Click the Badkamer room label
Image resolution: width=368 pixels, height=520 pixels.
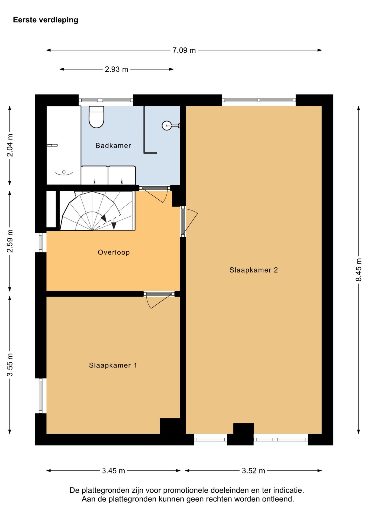[x=113, y=146]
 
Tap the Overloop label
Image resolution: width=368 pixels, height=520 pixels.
[x=114, y=252]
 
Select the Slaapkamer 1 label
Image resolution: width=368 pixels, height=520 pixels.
[x=113, y=365]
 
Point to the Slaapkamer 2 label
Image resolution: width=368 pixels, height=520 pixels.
[x=254, y=270]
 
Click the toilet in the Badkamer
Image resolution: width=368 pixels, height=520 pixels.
[x=96, y=117]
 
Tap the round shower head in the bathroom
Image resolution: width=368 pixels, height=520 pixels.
[x=166, y=125]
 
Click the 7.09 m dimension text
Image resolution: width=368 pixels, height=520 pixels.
[x=184, y=50]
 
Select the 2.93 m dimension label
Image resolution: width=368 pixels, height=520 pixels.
[x=117, y=69]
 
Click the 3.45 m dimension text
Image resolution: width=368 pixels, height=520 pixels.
[x=114, y=471]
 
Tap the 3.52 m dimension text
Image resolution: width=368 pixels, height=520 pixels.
[x=253, y=471]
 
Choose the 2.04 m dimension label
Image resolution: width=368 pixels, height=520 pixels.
[x=10, y=145]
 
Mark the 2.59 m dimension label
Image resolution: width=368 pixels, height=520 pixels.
[x=10, y=241]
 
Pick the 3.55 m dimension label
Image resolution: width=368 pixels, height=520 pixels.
[x=10, y=365]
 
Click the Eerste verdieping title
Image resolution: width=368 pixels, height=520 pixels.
[x=46, y=20]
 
